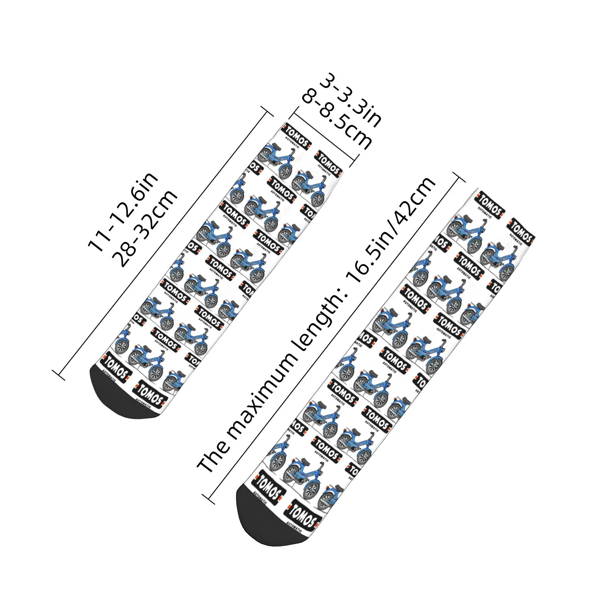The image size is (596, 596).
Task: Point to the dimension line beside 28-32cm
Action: tap(164, 242)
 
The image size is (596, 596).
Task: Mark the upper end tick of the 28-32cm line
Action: tap(268, 111)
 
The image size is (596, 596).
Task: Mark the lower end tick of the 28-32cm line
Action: tap(59, 375)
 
